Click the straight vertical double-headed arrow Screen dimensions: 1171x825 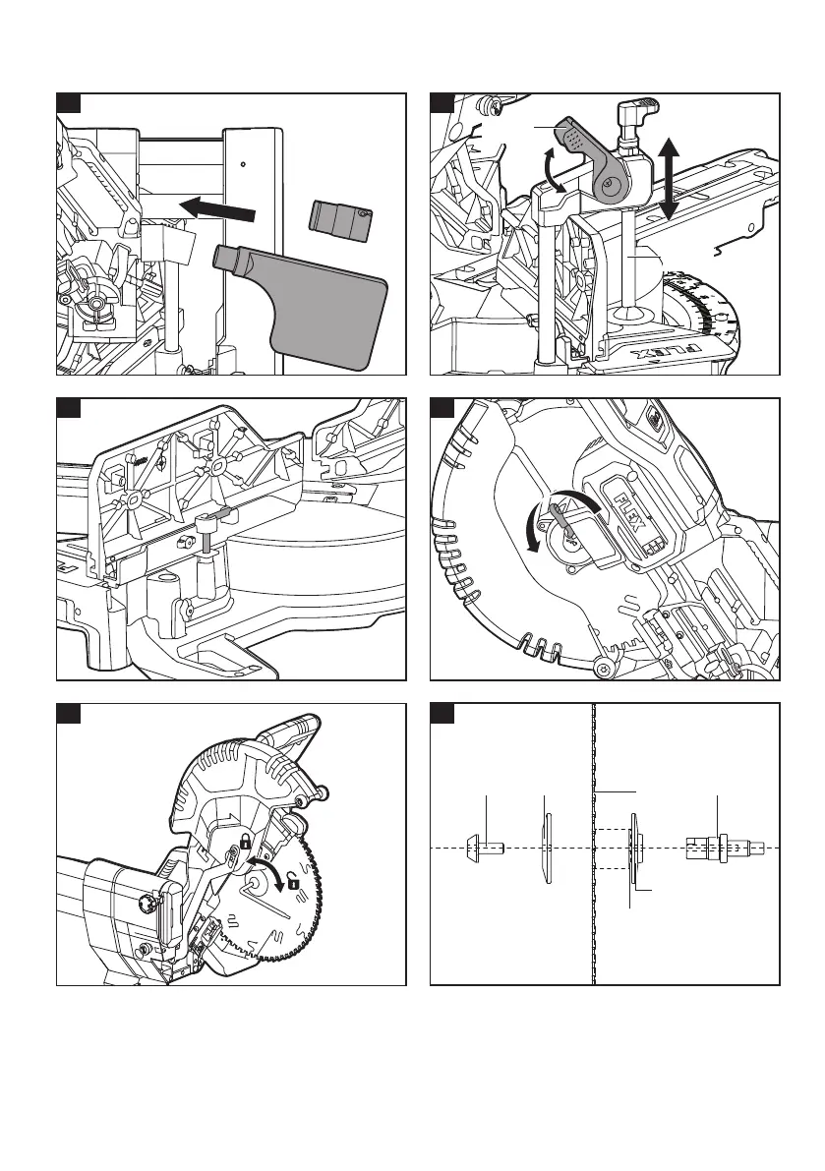(671, 178)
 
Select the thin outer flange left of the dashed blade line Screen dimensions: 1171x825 (546, 846)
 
